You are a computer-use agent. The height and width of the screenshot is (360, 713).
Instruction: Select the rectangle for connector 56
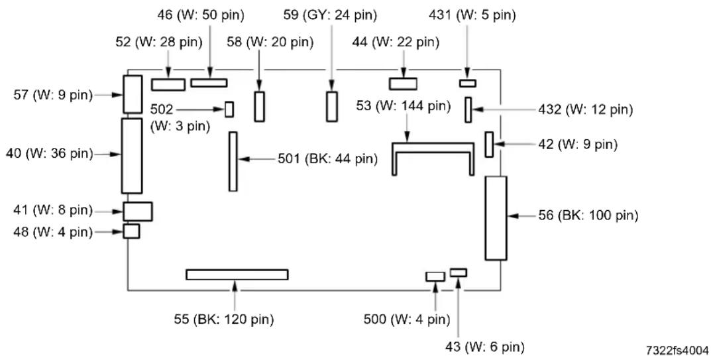(x=496, y=218)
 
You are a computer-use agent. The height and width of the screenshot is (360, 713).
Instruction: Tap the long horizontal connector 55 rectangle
(x=237, y=274)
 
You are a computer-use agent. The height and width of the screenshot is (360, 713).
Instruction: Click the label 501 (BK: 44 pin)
(x=327, y=159)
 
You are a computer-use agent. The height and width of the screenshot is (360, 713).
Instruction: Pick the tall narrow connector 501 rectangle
(x=233, y=162)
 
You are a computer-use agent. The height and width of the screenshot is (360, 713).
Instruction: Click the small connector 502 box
(x=229, y=109)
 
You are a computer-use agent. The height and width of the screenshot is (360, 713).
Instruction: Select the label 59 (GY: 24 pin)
(x=330, y=15)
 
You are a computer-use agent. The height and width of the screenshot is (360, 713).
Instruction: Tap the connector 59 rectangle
(x=332, y=107)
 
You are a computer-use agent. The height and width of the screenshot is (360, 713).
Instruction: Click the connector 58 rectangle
(x=259, y=107)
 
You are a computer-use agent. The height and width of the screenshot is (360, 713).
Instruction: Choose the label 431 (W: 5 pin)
(x=472, y=15)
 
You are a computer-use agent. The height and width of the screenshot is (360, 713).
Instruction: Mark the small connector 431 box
(x=467, y=84)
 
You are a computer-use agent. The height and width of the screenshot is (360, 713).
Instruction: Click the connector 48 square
(x=131, y=231)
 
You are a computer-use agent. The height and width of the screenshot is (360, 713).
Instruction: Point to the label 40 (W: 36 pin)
(x=49, y=154)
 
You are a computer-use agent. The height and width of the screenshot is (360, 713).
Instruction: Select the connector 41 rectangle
(x=138, y=211)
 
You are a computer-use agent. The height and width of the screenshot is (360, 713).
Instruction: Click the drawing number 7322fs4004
(x=677, y=350)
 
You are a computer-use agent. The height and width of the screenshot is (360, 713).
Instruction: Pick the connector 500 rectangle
(x=435, y=276)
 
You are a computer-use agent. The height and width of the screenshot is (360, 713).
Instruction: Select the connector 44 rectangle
(x=403, y=84)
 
